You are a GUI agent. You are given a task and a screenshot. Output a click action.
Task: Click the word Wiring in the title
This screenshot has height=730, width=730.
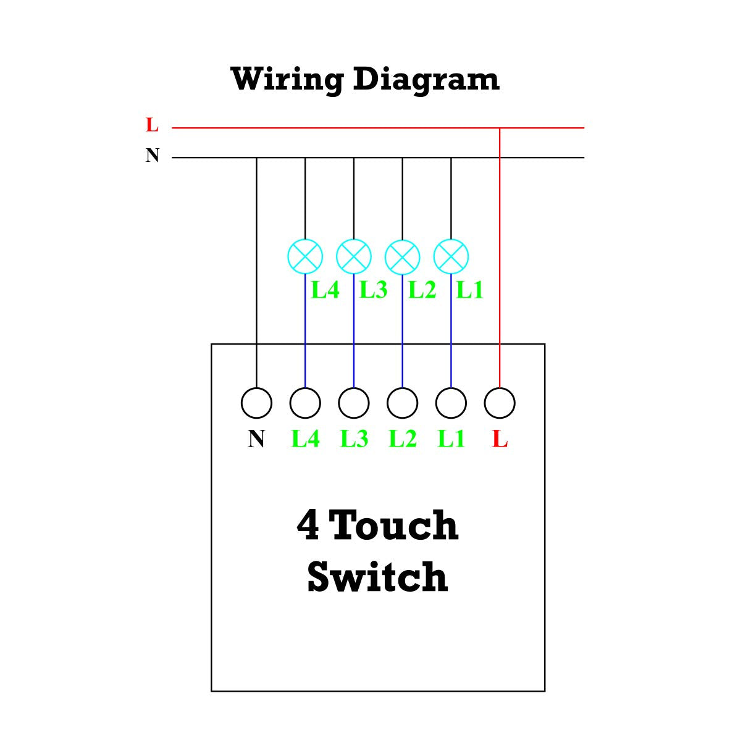pos(287,80)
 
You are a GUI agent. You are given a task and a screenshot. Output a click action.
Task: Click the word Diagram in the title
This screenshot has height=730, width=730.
pos(426,80)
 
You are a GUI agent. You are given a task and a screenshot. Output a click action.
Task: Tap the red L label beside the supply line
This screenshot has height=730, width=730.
pos(153,125)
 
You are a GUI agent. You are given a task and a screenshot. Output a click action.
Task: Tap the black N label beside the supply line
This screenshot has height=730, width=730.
pos(153,155)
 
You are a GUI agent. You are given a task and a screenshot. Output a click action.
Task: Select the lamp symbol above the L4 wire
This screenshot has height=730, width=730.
pos(306,256)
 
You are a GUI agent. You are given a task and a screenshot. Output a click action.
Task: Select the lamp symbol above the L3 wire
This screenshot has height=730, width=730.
pos(354,256)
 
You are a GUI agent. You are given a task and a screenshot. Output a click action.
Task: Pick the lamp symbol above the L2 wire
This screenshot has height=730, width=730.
pos(403,256)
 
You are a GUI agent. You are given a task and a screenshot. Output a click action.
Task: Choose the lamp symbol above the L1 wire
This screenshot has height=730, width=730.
pos(451,256)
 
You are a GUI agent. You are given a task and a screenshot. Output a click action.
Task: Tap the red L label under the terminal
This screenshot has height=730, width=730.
pos(500,439)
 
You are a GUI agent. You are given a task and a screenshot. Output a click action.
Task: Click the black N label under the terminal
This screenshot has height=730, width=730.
pos(256,439)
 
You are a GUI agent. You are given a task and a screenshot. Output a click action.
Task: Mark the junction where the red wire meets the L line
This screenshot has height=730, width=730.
pos(500,128)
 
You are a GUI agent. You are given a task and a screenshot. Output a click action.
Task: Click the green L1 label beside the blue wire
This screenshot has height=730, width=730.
pos(470,290)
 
